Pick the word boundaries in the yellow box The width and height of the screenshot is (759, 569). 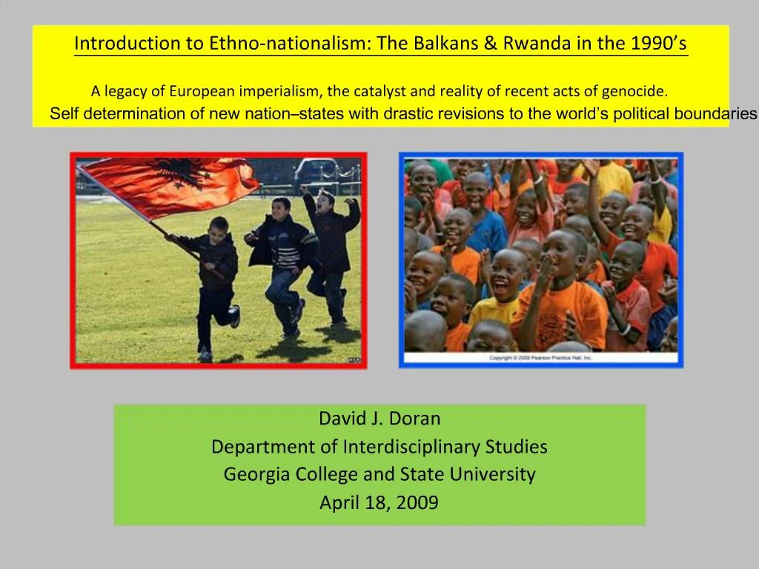click(x=715, y=114)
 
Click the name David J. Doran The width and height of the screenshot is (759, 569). click(x=379, y=419)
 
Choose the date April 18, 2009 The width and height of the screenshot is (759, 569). click(x=379, y=503)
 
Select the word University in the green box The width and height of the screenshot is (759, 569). click(x=493, y=474)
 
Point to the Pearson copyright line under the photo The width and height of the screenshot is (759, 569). click(x=540, y=358)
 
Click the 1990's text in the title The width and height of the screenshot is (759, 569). click(x=659, y=43)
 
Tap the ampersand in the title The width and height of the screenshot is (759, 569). click(x=490, y=43)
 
